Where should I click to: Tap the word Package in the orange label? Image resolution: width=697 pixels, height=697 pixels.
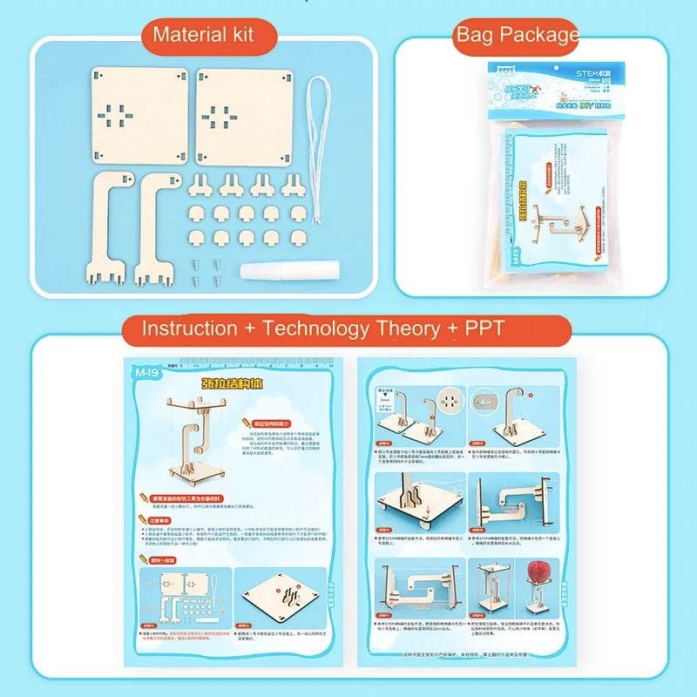click(539, 35)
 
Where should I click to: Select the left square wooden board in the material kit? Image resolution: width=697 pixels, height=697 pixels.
click(140, 114)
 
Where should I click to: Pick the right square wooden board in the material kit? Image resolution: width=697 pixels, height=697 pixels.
click(242, 114)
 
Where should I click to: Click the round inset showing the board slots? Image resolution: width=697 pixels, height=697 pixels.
click(452, 403)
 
